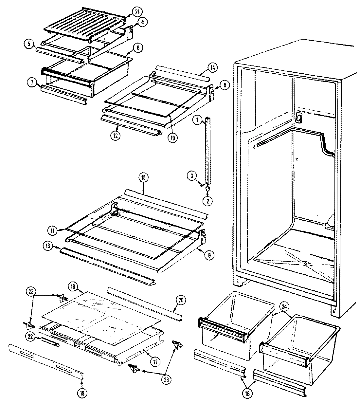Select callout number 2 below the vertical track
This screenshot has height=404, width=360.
(207, 201)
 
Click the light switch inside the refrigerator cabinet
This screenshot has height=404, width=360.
(298, 118)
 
